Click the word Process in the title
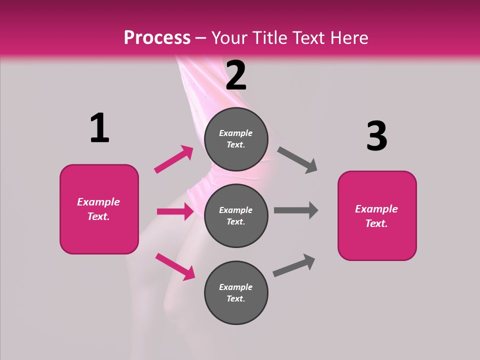(157, 37)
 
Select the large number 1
(99, 128)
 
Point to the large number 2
(236, 75)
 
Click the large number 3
(376, 136)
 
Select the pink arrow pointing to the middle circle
(175, 211)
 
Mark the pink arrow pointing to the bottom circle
(175, 266)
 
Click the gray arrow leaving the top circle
(297, 160)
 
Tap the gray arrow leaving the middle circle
(296, 210)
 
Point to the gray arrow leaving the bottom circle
(294, 265)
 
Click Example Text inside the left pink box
(98, 209)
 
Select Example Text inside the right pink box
(376, 216)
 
